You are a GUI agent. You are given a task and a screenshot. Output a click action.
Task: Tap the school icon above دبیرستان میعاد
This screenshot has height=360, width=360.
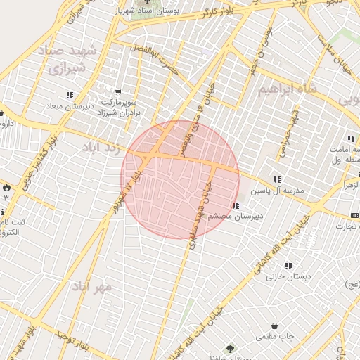click(69, 94)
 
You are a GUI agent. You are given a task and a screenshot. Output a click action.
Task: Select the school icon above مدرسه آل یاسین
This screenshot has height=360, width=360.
click(278, 179)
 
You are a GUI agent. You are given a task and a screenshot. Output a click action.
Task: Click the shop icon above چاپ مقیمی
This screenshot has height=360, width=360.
click(283, 326)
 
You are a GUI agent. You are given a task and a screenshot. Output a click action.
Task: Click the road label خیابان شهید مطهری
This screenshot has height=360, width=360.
click(205, 204)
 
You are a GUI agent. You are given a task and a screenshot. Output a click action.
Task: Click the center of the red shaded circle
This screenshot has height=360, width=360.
click(180, 179)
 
